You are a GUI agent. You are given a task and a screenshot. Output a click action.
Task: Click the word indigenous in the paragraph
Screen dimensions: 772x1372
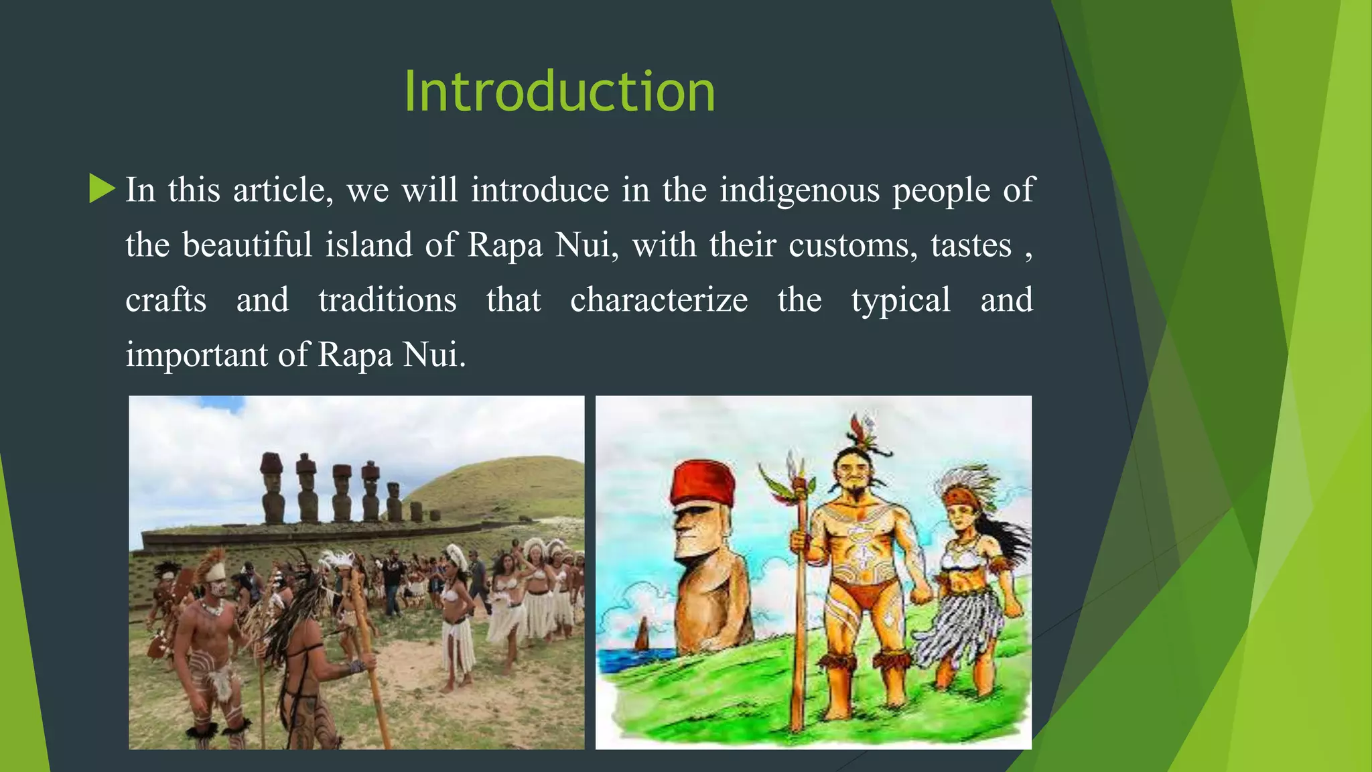[799, 190]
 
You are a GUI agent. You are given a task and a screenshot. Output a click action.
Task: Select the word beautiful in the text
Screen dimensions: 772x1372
[247, 245]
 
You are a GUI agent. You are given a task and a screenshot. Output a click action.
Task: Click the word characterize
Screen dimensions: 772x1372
[659, 300]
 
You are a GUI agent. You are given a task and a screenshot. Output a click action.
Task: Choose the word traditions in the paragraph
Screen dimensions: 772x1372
[387, 300]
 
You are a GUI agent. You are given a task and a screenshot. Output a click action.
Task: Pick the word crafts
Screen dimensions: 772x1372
[165, 300]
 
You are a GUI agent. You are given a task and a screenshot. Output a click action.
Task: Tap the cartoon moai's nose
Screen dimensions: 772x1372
[681, 536]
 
